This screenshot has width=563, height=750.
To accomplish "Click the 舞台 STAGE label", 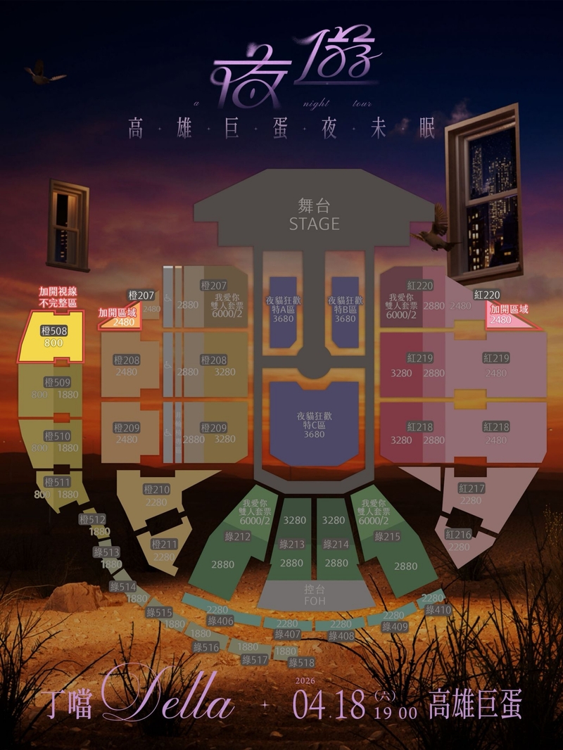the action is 314,215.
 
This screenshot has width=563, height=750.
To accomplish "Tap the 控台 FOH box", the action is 314,595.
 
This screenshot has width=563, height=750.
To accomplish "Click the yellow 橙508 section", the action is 54,336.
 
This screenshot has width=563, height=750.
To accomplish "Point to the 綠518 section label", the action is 301,663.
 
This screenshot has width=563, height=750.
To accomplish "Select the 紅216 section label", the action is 459,535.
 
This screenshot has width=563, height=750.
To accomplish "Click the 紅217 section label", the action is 471,488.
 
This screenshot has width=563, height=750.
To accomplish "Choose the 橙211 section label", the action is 165,544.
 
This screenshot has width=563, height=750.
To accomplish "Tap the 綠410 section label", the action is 438,610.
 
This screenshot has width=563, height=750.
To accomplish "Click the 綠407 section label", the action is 288,635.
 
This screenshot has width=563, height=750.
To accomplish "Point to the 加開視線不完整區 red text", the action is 58,296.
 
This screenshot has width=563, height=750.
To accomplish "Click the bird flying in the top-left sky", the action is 44,72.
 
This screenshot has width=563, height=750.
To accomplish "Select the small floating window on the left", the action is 69,224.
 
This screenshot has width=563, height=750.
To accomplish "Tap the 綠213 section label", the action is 291,544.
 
